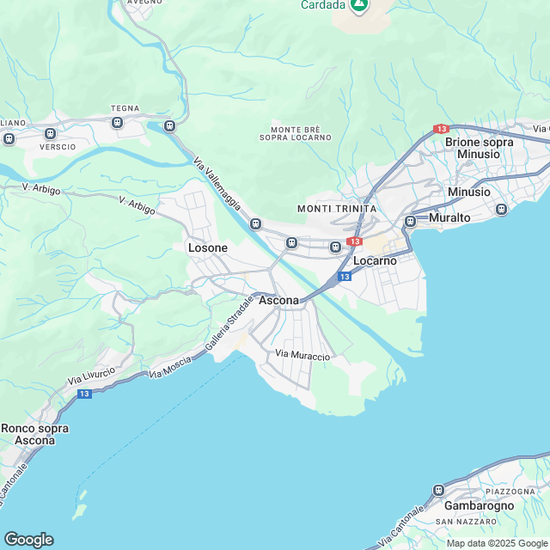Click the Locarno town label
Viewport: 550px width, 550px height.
point(375,260)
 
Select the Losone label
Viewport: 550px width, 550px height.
point(208,248)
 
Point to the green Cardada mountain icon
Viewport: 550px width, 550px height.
point(360,5)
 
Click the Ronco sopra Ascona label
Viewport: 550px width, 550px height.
point(34,434)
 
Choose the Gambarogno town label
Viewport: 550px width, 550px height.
point(479,505)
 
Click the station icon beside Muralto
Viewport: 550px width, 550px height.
point(410,221)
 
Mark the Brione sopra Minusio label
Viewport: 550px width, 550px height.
point(479,148)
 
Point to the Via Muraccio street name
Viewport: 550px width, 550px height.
point(302,355)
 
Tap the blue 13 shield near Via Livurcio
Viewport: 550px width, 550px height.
point(84,394)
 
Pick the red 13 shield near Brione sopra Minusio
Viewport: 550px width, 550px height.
point(441,129)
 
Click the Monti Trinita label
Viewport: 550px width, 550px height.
point(336,209)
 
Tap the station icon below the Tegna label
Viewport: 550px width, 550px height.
point(118,123)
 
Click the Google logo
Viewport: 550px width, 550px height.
point(28,539)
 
